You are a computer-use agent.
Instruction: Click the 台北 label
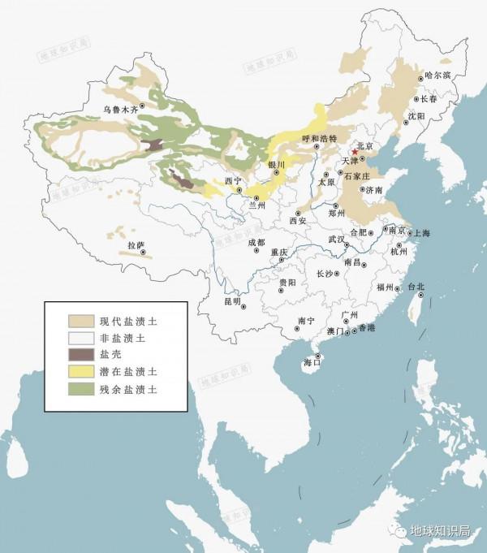[416, 286]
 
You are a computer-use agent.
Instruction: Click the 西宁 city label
[233, 180]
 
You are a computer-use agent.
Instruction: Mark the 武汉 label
[337, 240]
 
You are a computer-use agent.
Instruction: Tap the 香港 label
[366, 327]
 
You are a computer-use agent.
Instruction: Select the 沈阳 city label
[416, 116]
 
